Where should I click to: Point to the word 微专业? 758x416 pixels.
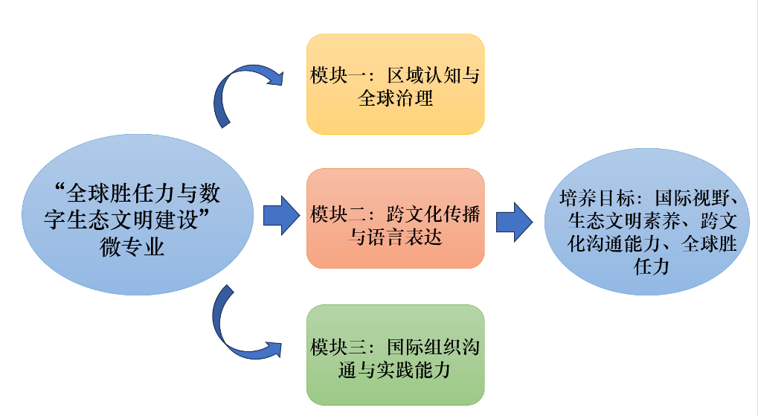click(132, 248)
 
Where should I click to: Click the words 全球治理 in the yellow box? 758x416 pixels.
click(395, 97)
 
